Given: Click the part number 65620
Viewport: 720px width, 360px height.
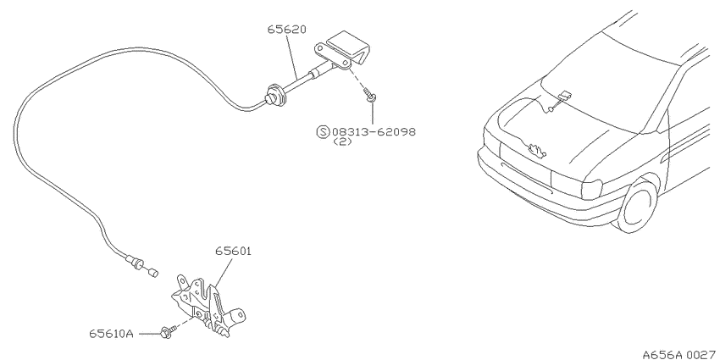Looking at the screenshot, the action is [x=287, y=30].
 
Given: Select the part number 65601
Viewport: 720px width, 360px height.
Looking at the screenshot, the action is [x=234, y=252].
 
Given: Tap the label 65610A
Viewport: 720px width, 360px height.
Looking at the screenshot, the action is [x=112, y=334].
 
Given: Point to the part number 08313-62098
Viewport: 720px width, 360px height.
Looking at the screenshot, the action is [x=374, y=132].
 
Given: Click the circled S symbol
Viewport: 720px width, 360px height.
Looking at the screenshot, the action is [x=324, y=132].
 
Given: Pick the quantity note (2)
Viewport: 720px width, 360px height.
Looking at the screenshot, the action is [x=342, y=141].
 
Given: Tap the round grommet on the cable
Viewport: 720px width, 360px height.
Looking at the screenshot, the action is [x=275, y=95].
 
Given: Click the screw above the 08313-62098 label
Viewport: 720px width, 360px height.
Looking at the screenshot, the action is [x=369, y=94].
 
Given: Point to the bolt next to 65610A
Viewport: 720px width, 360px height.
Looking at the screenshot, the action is [x=168, y=332].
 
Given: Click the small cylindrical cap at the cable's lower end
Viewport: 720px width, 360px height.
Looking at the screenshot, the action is [x=153, y=272].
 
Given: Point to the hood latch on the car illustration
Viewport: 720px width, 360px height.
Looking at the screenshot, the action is [x=536, y=151].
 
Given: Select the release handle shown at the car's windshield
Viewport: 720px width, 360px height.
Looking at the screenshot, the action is [x=564, y=96].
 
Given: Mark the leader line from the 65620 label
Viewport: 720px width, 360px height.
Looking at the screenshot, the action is [x=292, y=55].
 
